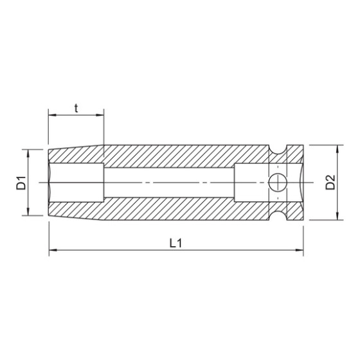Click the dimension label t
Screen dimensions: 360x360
click(x=76, y=107)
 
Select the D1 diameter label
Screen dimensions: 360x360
click(x=21, y=183)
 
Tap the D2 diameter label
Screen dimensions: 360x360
click(x=330, y=183)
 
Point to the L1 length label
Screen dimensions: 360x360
click(x=174, y=243)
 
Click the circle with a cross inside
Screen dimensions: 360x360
click(x=276, y=182)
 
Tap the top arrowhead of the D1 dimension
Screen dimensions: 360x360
click(x=28, y=152)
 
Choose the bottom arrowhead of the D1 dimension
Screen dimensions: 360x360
click(x=28, y=212)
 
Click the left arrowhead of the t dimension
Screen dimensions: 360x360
click(x=51, y=116)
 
